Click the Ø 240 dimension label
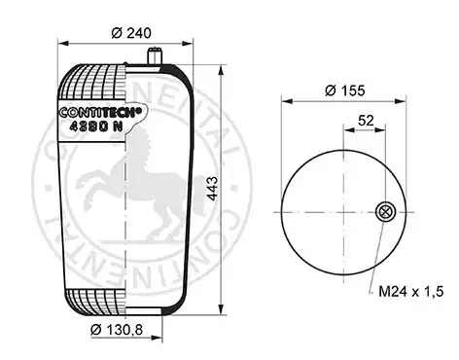(x=131, y=33)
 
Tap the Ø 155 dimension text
(x=344, y=90)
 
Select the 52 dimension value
(x=366, y=121)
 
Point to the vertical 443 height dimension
(x=212, y=189)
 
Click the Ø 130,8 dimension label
(x=117, y=330)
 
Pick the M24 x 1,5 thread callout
(x=410, y=292)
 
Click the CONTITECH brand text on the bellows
(x=100, y=112)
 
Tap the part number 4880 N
(x=96, y=126)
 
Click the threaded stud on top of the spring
(x=154, y=56)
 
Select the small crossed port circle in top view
(x=385, y=212)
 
